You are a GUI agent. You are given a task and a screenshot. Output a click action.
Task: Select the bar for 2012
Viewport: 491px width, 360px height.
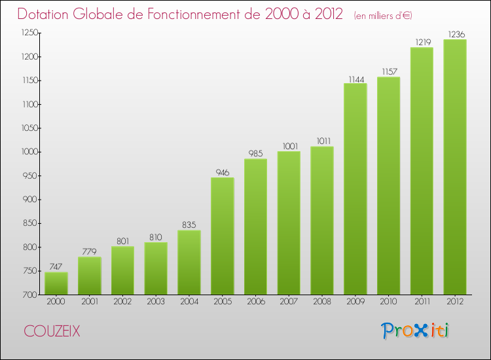coord(455,167)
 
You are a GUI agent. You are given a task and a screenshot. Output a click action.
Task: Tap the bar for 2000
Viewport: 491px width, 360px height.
coord(56,283)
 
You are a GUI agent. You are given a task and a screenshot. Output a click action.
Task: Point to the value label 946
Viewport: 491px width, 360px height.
coord(223,173)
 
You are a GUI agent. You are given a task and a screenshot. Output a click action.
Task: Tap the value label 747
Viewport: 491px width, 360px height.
coord(56,267)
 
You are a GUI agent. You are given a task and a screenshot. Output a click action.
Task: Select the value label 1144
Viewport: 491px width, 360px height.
coord(355,79)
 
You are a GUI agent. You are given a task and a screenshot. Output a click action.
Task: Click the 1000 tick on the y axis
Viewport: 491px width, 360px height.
coord(27,152)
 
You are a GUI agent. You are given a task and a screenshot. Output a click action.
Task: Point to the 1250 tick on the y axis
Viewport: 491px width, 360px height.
coord(27,33)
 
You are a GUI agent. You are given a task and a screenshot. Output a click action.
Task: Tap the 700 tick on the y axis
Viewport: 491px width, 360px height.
coord(30,295)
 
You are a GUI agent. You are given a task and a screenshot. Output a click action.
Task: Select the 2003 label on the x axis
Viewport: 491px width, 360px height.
coord(156,303)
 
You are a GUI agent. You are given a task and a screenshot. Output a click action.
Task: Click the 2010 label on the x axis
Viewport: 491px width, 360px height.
coord(388,303)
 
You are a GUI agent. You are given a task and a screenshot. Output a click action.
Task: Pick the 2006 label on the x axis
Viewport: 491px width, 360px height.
coord(255,303)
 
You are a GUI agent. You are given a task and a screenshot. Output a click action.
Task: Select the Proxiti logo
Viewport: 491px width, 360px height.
coord(415,331)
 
